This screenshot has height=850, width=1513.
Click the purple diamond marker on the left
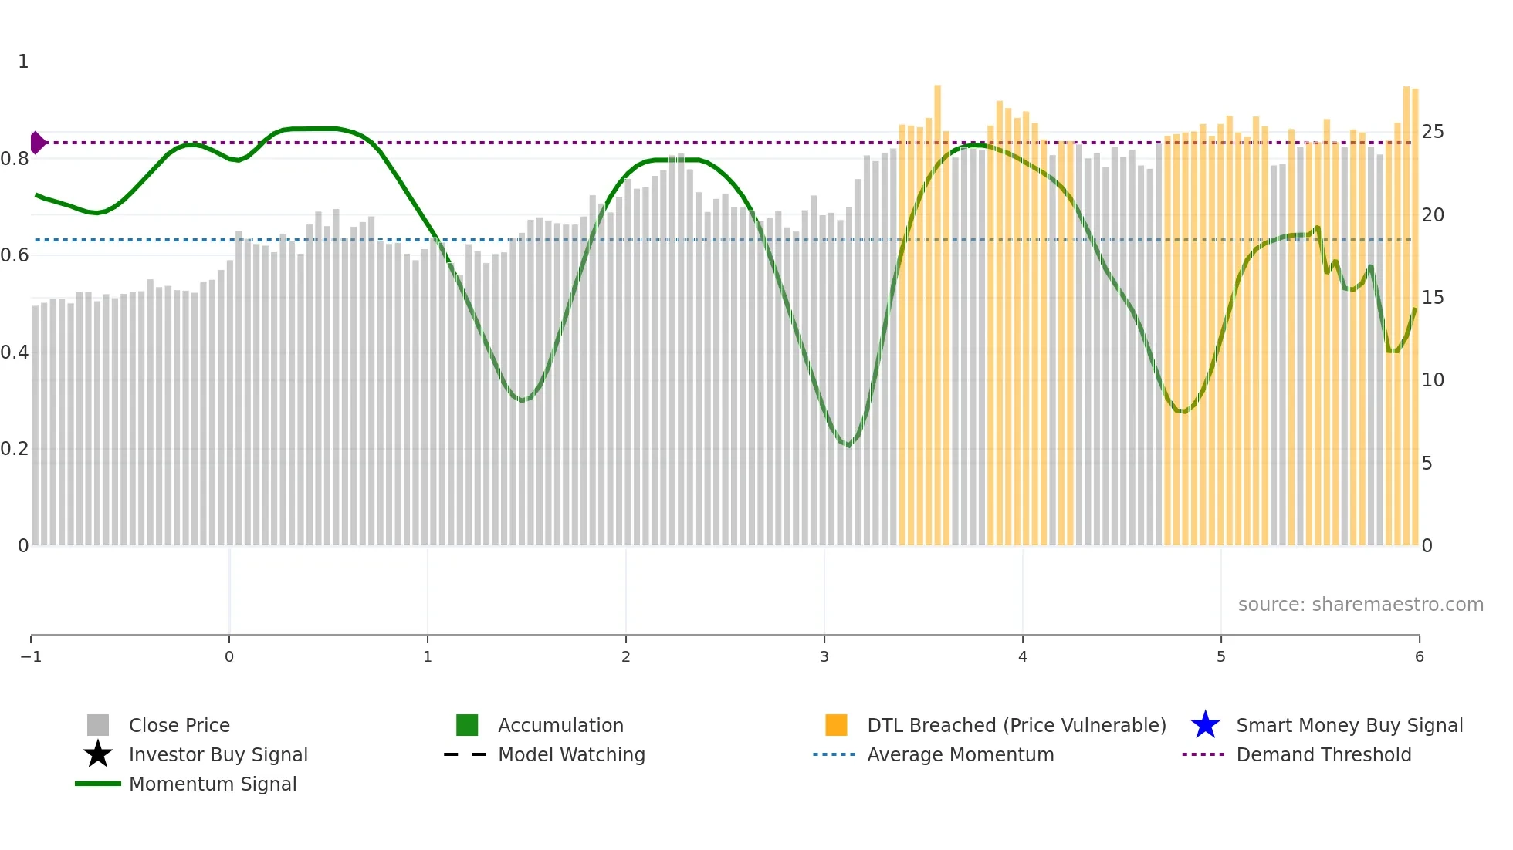click(37, 143)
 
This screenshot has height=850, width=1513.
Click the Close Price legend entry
click(178, 725)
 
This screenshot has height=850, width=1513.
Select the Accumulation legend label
click(560, 725)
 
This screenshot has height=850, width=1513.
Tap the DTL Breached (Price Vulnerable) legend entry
click(1016, 725)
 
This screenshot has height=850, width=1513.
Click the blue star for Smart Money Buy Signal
click(1205, 725)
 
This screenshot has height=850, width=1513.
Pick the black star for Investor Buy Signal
click(98, 754)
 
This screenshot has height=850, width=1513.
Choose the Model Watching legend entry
click(571, 754)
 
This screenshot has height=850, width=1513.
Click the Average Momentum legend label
click(960, 754)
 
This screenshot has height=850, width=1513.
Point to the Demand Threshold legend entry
click(1323, 754)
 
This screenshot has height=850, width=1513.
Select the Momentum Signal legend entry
click(212, 784)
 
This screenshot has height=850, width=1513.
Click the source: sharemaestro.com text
click(1360, 604)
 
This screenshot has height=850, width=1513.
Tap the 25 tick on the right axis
click(1433, 132)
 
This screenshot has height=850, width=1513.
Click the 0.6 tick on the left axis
click(15, 255)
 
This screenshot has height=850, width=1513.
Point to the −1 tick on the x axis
click(31, 656)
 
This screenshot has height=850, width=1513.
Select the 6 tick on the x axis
click(1419, 656)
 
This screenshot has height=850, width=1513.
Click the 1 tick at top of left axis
click(23, 62)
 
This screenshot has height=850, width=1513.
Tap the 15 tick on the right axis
click(1433, 298)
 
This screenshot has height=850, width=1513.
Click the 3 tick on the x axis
click(824, 656)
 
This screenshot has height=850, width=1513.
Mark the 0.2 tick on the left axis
click(15, 449)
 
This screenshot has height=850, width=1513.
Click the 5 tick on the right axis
click(1427, 464)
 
